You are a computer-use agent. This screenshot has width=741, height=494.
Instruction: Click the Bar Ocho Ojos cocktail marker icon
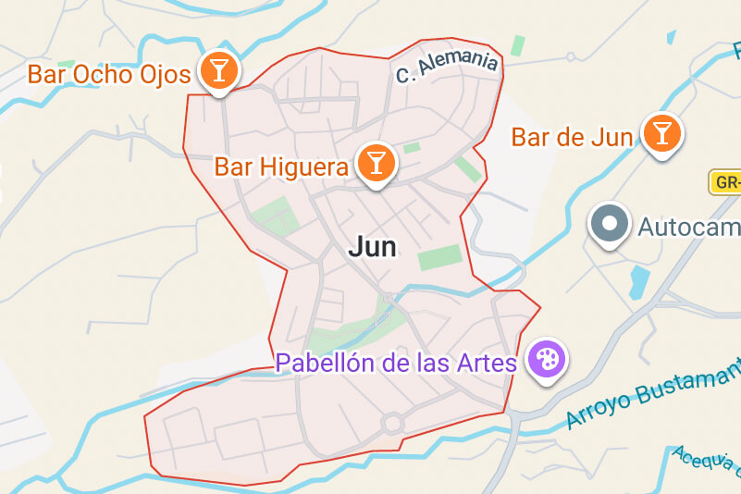pyautogui.click(x=218, y=69)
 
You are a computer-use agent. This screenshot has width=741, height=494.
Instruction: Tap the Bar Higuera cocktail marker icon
pyautogui.click(x=376, y=162)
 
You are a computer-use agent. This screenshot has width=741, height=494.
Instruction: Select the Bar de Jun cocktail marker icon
pyautogui.click(x=661, y=132)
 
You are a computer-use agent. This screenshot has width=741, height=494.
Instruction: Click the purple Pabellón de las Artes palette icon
pyautogui.click(x=546, y=359)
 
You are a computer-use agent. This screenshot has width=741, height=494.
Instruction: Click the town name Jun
pyautogui.click(x=373, y=247)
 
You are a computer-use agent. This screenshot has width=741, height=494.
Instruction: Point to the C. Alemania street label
pyautogui.click(x=447, y=67)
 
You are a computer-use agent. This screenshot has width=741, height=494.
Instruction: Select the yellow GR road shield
pyautogui.click(x=725, y=182)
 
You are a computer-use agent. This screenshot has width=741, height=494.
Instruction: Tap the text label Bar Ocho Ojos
pyautogui.click(x=109, y=74)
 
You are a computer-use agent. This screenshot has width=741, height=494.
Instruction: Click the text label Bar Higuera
pyautogui.click(x=281, y=167)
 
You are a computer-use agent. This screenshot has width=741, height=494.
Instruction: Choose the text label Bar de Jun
pyautogui.click(x=572, y=138)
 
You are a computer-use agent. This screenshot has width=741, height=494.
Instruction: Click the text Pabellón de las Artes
pyautogui.click(x=396, y=363)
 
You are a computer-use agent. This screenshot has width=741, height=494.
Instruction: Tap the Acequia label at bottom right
pyautogui.click(x=707, y=467)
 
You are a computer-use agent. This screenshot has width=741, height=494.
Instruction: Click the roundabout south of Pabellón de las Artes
pyautogui.click(x=392, y=424)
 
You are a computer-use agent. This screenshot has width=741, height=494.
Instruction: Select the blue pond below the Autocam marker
pyautogui.click(x=639, y=281)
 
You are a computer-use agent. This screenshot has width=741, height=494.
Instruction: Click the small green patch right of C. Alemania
pyautogui.click(x=517, y=45)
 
